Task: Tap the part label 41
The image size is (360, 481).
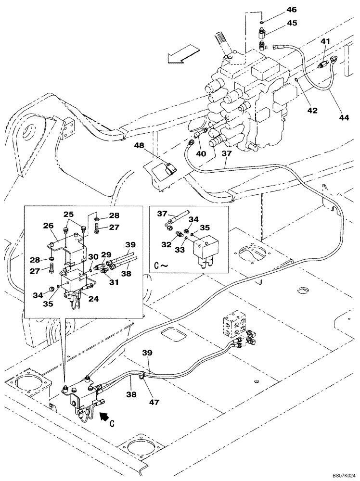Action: (326, 42)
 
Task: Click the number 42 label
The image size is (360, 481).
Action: (312, 110)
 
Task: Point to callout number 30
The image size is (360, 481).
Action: (92, 256)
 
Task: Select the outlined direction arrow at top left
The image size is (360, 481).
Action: (183, 53)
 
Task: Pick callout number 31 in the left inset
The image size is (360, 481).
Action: (114, 269)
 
